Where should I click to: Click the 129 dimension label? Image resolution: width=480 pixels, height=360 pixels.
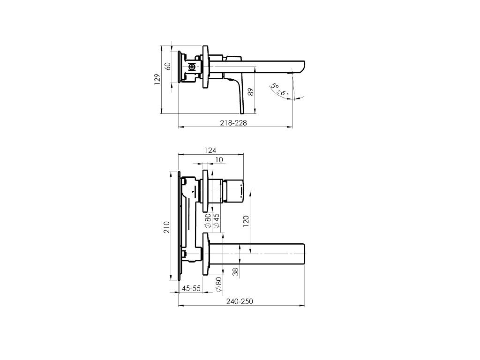[x=157, y=79]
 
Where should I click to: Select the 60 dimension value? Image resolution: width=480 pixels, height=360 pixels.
[x=167, y=66]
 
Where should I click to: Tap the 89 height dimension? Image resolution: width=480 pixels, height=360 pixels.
[x=251, y=92]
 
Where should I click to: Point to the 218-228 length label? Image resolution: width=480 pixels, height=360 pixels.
[x=233, y=123]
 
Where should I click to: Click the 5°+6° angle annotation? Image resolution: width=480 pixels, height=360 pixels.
[x=280, y=89]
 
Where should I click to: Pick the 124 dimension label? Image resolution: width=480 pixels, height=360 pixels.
[x=210, y=150]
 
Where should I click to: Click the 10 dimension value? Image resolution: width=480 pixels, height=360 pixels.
[x=219, y=160]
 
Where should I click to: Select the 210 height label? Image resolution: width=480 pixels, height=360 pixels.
[x=166, y=227]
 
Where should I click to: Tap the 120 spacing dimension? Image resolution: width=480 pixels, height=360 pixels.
[x=246, y=221]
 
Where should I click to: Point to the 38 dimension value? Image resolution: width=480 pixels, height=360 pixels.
[x=235, y=272]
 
